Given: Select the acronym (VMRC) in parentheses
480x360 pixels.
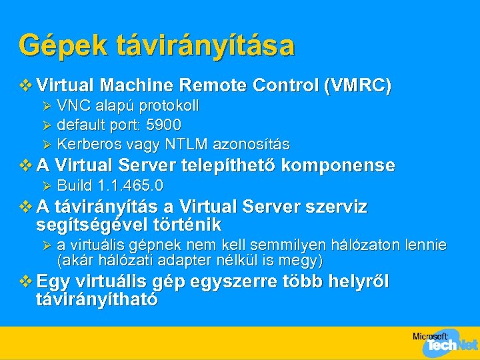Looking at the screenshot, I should point(357,86).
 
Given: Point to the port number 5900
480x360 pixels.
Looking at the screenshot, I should point(164,125).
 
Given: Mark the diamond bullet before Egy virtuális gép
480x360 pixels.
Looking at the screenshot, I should point(26,281).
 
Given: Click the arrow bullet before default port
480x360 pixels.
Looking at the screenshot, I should point(46,125).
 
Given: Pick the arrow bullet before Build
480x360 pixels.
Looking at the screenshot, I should point(46,185).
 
